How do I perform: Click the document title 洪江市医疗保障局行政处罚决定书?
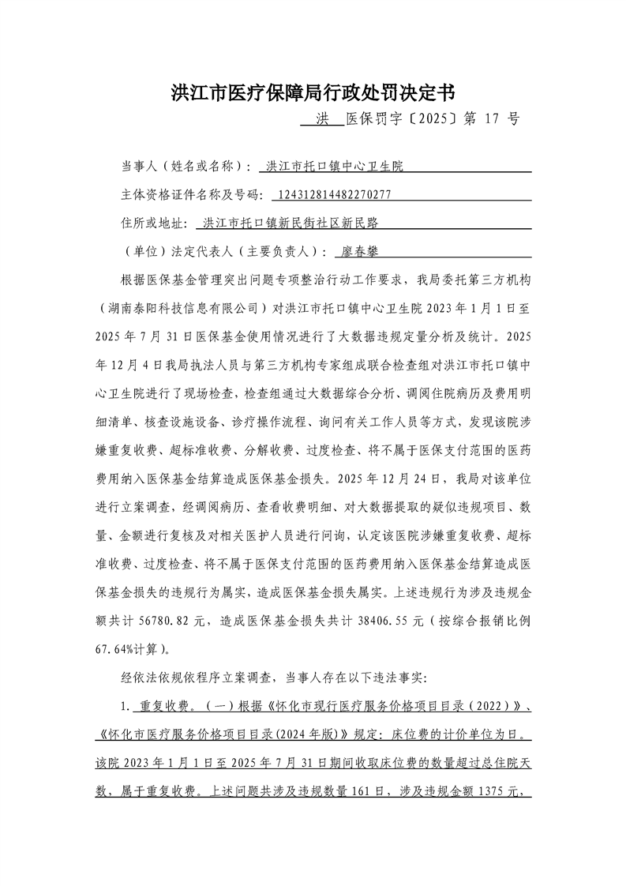pyautogui.click(x=313, y=93)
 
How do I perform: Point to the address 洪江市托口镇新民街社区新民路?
pyautogui.click(x=296, y=223)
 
